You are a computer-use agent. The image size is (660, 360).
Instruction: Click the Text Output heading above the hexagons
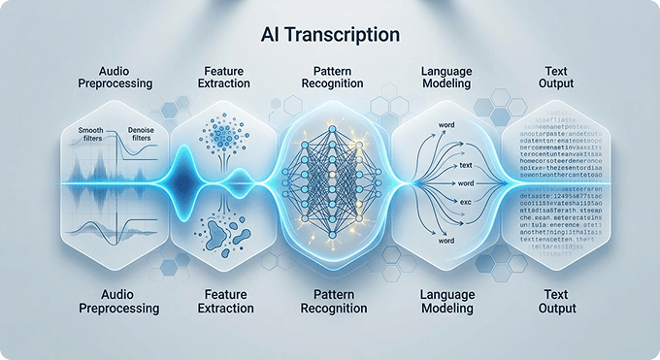[x=556, y=77]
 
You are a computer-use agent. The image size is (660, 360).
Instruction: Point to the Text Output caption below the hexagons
[x=556, y=301]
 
